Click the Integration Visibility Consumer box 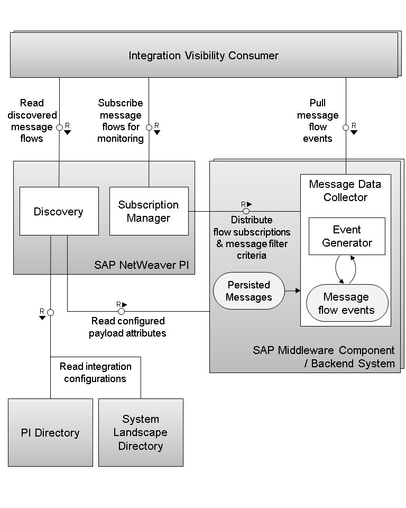point(204,55)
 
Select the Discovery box point(59,211)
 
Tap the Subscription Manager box point(149,211)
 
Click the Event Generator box point(347,236)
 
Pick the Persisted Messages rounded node point(248,291)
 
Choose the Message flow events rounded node point(347,303)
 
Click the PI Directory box point(51,432)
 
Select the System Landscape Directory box point(141,432)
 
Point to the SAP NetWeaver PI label point(142,265)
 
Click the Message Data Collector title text point(345,190)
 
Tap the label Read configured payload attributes point(127,327)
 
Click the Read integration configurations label point(95,373)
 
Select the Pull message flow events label point(318,121)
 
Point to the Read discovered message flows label point(32,121)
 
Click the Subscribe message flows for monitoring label point(121,121)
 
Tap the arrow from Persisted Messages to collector point(292,291)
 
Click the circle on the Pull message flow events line point(346,128)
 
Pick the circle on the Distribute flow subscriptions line point(246,211)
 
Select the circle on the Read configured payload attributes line point(121,311)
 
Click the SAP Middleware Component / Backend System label point(324,357)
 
